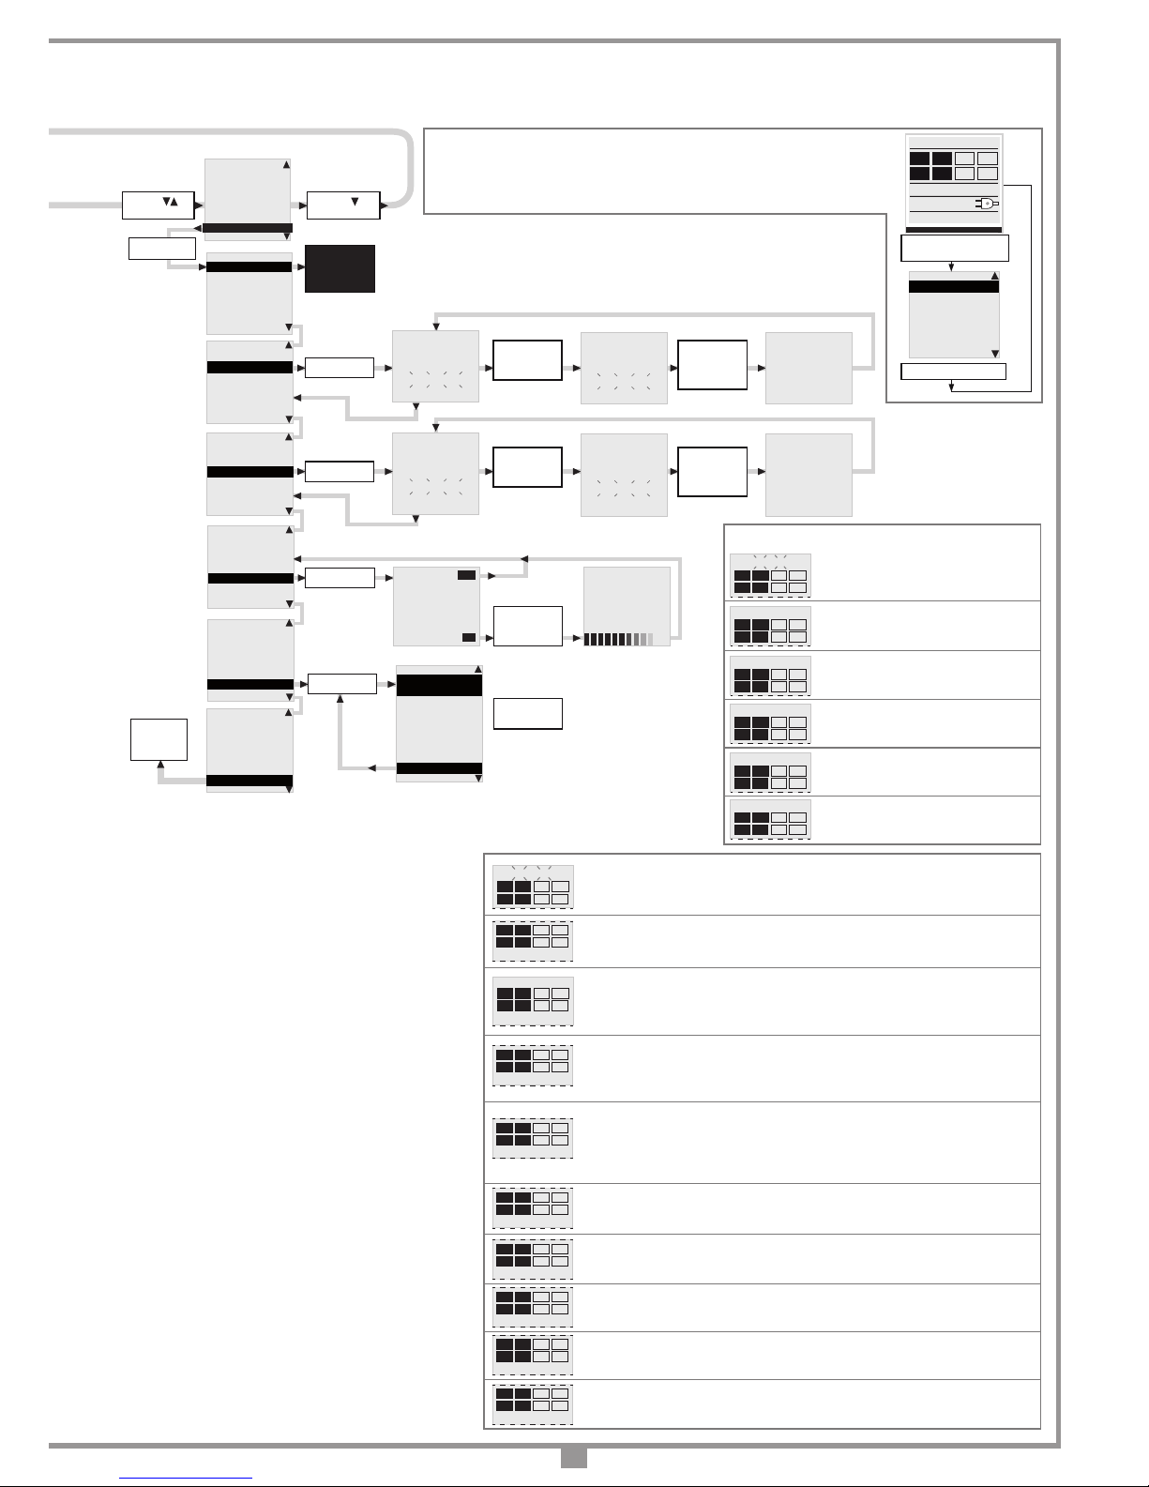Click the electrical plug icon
point(989,203)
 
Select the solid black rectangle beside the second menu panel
point(340,268)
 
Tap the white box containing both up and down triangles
point(157,205)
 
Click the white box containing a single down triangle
point(343,205)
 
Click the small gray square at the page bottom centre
point(573,1458)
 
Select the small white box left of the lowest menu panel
point(159,739)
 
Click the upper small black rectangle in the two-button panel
point(466,574)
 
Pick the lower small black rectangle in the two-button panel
point(469,637)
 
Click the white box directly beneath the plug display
point(954,248)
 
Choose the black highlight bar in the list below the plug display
point(954,287)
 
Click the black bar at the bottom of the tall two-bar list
point(440,768)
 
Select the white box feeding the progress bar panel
point(527,626)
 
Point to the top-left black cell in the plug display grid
point(919,159)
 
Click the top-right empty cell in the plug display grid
point(987,159)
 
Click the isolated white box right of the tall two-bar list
point(527,713)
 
